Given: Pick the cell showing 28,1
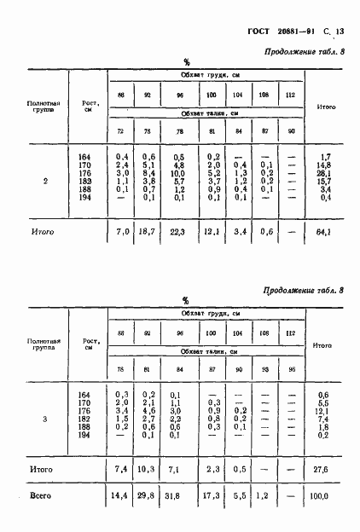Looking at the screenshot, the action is tap(324, 171).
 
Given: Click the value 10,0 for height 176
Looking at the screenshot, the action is tap(179, 171).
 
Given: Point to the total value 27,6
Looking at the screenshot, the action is tap(324, 469).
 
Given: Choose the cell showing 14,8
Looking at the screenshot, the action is tap(324, 164).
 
